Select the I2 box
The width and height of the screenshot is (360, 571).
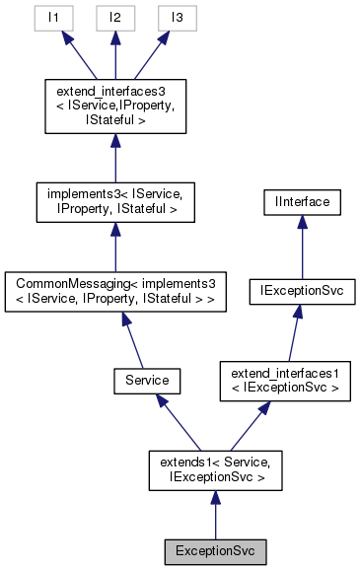[x=115, y=17]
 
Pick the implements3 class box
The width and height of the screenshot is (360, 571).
[x=115, y=201]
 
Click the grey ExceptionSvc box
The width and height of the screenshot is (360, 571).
[x=215, y=548]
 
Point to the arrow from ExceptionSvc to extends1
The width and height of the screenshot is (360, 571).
[x=215, y=515]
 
